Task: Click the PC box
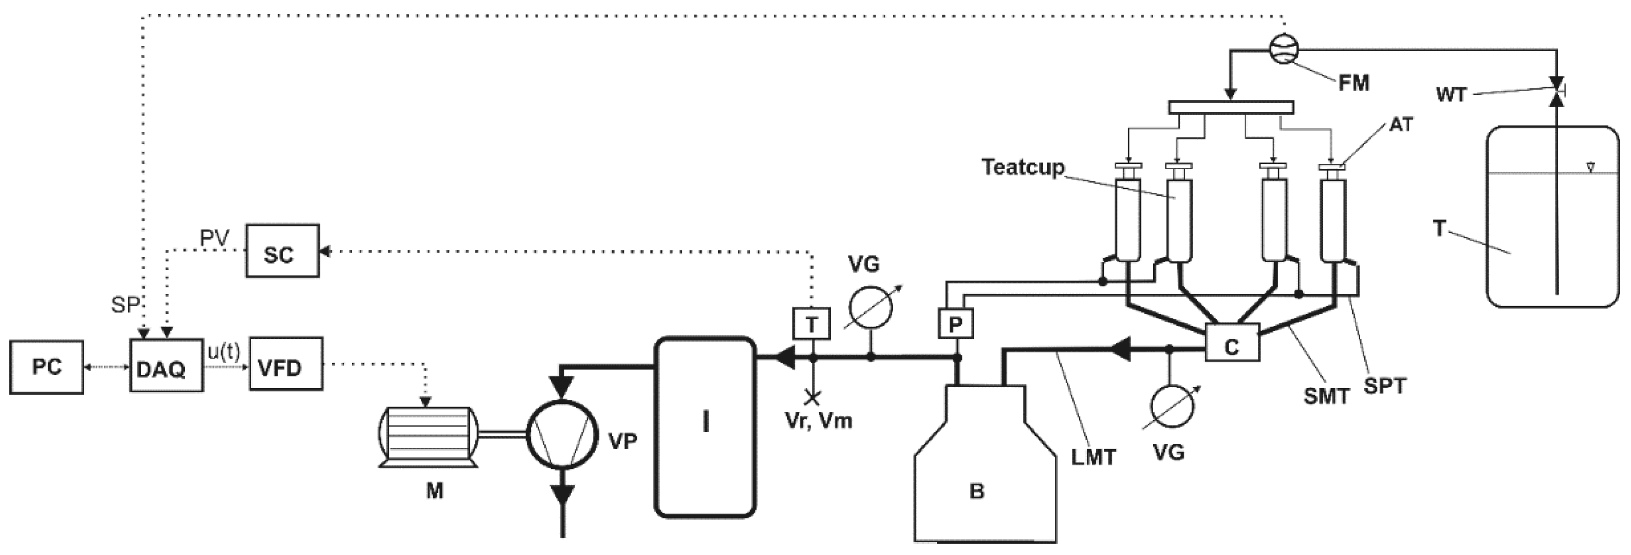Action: pos(46,367)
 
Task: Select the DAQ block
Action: pos(166,366)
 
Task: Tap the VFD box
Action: pos(286,364)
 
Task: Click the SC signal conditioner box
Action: pos(282,251)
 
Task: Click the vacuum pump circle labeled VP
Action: pos(562,434)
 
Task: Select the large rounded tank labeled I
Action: pos(705,427)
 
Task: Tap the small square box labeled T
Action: pos(811,324)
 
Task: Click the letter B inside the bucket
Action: pos(977,491)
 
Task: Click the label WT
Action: pos(1451,94)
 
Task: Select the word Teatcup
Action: pos(1022,167)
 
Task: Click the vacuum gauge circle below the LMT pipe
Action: pos(1172,405)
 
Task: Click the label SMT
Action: pos(1326,397)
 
